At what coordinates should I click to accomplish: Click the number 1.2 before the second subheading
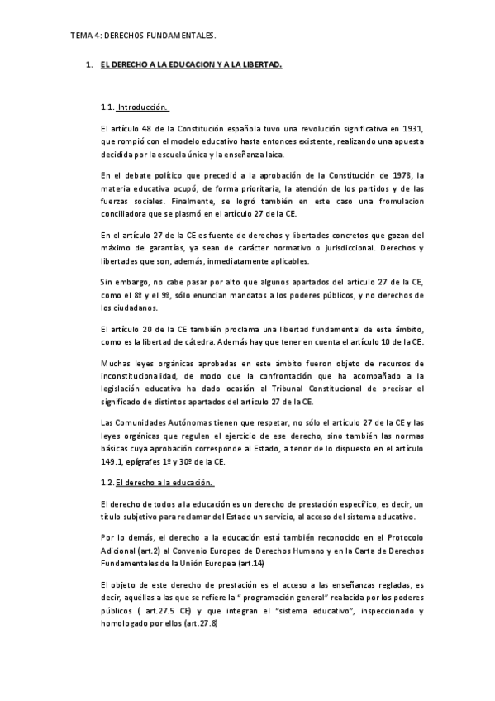tap(105, 482)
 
